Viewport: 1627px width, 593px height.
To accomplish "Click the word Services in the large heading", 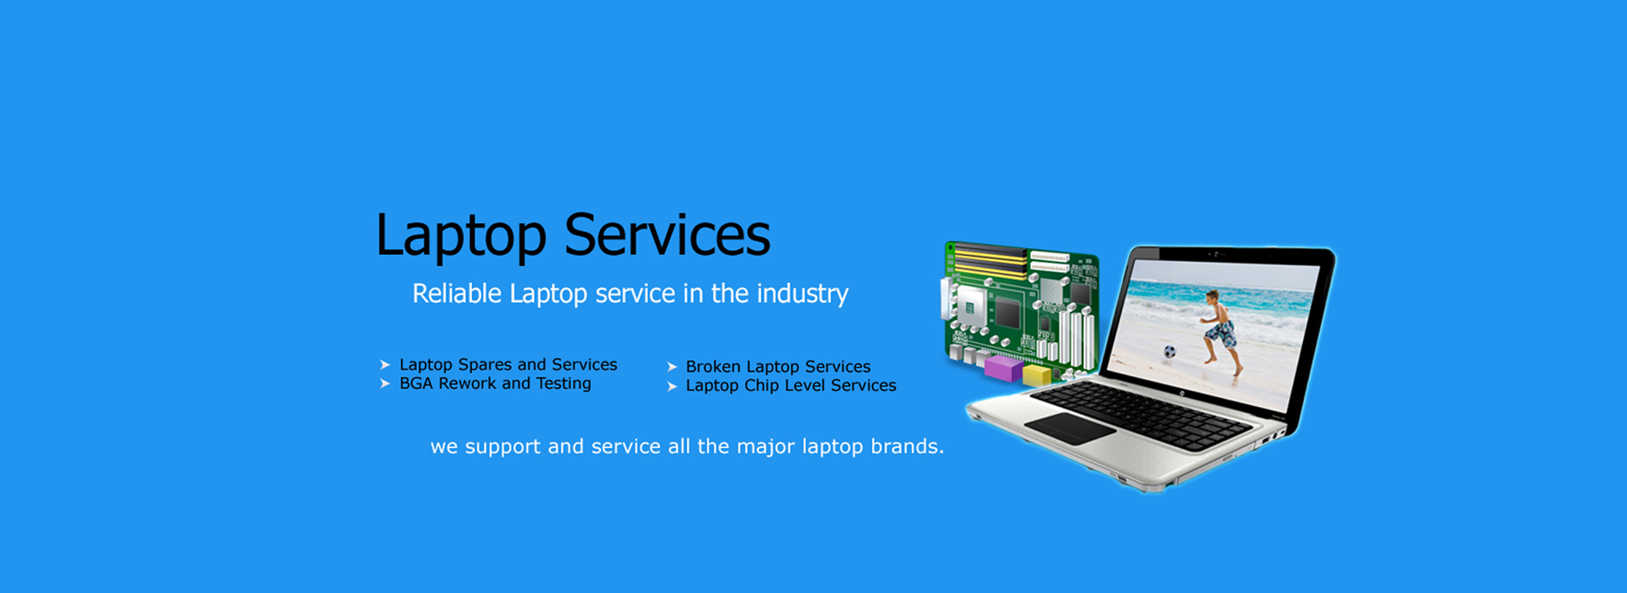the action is (668, 235).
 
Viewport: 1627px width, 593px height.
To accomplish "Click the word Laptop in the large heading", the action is (461, 237).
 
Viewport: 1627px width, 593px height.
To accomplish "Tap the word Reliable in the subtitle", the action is (457, 293).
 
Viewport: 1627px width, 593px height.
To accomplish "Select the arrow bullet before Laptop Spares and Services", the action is (385, 364).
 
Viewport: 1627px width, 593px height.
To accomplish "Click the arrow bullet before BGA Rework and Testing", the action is (385, 384).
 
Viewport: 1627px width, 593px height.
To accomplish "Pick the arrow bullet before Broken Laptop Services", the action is (672, 367).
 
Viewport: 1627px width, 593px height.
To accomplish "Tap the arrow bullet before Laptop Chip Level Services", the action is (672, 386).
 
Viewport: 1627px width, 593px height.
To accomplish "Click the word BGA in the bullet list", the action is (416, 384).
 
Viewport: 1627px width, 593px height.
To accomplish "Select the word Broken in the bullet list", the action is (714, 367).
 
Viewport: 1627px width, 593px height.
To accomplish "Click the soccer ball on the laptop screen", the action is (1169, 352).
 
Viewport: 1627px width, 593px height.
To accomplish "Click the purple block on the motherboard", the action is (1003, 369).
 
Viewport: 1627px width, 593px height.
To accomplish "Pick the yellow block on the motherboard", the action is (1036, 375).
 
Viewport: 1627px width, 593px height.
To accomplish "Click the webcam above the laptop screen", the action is (1217, 254).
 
